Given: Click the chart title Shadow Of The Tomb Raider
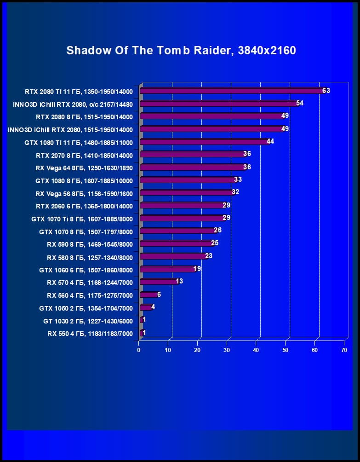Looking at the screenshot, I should (x=181, y=50).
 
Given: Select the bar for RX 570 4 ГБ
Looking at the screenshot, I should (x=158, y=282).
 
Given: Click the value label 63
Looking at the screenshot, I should (x=326, y=91).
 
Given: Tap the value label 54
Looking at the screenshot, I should (x=300, y=103).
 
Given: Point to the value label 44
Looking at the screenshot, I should (x=270, y=141).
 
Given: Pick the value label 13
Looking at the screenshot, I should (x=179, y=281).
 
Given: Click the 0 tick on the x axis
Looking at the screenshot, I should (x=139, y=350).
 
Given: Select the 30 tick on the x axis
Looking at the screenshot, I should (x=227, y=350).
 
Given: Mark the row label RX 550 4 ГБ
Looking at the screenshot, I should (x=90, y=334).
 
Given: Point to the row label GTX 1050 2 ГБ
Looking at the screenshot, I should (x=86, y=308).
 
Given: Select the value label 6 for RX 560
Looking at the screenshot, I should (x=159, y=294).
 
